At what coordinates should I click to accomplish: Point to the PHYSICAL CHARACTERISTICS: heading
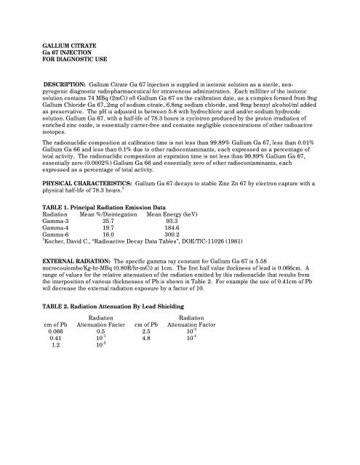point(87,204)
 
